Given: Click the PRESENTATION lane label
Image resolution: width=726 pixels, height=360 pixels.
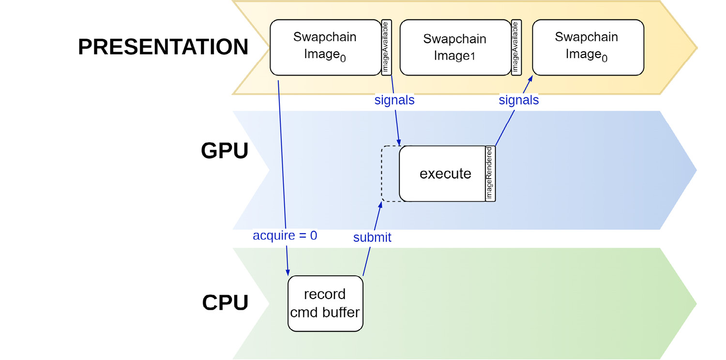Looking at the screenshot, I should coord(163,47).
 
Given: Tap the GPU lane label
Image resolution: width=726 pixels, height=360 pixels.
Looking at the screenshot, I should coord(224,151).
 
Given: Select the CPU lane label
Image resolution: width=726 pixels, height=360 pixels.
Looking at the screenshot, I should coord(225,302).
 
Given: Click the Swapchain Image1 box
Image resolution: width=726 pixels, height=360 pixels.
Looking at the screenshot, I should coord(454,47).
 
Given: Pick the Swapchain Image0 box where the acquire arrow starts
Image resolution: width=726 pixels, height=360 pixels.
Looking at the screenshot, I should coord(325,47).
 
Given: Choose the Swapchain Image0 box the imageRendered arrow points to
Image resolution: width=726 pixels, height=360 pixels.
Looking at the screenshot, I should coord(588,47).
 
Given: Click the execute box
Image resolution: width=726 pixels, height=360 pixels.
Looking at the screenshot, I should coord(442,173).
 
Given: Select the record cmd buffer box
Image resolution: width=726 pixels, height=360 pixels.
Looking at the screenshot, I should coord(325,303).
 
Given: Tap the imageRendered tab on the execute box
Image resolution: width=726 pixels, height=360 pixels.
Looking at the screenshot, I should coord(490,173).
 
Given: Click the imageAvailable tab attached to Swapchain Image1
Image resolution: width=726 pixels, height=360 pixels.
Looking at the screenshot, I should coord(516,47).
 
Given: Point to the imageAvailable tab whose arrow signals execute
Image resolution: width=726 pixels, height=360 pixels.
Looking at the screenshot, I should coord(386,47).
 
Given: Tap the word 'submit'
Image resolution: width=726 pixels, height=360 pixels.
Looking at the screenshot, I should coord(372,238).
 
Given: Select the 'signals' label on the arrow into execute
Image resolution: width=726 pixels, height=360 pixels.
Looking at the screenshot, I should coord(394,101).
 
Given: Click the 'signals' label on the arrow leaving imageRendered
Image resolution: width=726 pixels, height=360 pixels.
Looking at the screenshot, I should coord(518,101).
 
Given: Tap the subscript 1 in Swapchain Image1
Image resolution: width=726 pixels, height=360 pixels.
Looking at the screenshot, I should coord(472,57).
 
